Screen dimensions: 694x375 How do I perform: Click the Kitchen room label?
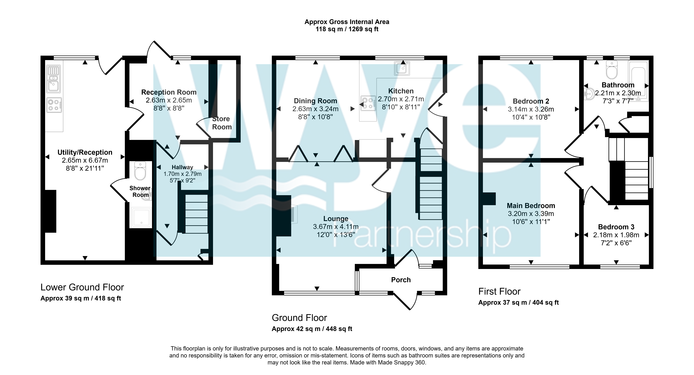(401, 91)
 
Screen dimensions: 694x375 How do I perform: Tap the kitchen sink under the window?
(402, 68)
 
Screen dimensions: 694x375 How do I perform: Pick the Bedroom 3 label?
(616, 227)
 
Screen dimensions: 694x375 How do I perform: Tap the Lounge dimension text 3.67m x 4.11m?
(336, 227)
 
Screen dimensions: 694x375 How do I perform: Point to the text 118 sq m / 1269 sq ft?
(347, 29)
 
